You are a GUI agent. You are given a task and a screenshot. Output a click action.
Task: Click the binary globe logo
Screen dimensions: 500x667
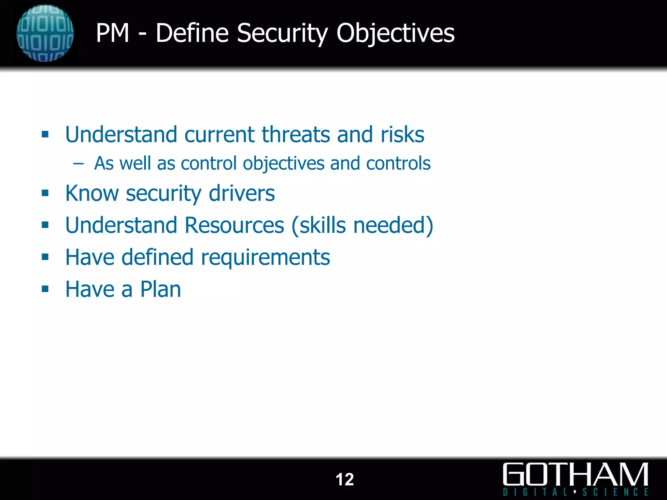[x=45, y=33]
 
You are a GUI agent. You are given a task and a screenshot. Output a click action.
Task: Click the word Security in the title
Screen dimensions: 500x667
[x=282, y=33]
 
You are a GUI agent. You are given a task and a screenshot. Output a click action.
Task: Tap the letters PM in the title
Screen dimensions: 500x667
[x=113, y=33]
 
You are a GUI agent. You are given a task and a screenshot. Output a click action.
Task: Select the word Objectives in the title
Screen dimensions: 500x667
[x=395, y=33]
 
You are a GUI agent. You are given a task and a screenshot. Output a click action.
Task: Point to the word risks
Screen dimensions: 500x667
[x=403, y=134]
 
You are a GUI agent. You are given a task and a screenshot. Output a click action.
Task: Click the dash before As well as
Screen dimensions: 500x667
[x=78, y=163]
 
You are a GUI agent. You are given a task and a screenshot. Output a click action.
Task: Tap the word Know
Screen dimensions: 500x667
[x=92, y=193]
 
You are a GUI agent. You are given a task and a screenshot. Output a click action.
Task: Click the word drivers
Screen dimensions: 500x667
[x=242, y=193]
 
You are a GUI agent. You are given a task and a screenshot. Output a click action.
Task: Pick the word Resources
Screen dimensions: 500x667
[x=234, y=225]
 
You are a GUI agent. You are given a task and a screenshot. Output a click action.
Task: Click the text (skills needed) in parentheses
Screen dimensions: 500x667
[x=362, y=225]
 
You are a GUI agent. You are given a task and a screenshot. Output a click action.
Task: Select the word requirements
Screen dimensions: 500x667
[x=265, y=257]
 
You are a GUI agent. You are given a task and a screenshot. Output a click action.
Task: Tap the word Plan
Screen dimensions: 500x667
[x=160, y=289]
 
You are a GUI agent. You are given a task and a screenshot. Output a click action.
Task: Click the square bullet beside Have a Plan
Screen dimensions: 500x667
[x=45, y=289]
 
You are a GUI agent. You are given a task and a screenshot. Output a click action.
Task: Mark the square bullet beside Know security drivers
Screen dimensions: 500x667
[x=45, y=193]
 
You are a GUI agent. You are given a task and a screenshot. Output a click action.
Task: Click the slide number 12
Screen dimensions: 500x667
[x=344, y=479]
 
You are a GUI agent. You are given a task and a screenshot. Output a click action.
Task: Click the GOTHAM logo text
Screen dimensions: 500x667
[x=575, y=475]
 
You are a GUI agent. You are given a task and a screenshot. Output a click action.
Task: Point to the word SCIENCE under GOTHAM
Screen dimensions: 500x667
[x=615, y=492]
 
